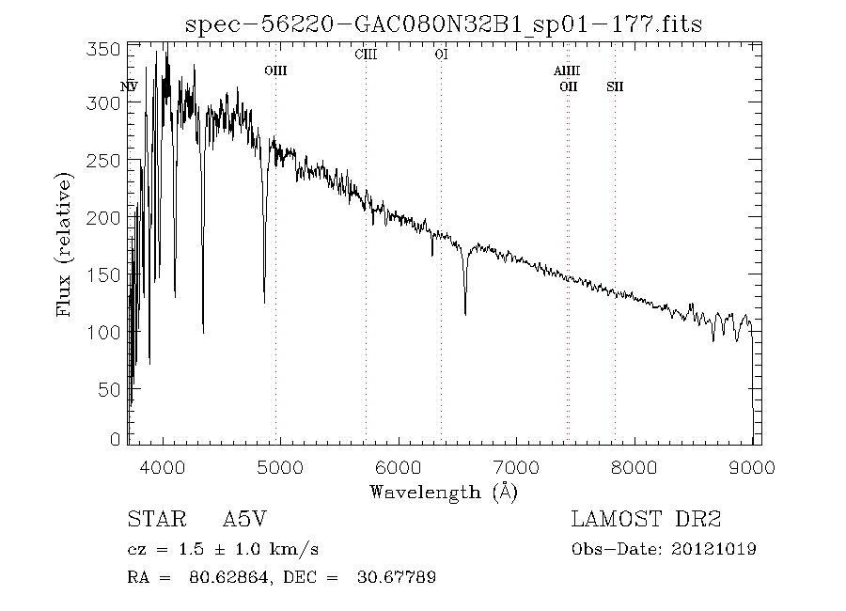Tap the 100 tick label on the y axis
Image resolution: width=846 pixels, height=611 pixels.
click(109, 332)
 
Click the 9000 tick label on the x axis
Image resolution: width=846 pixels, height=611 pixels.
click(752, 466)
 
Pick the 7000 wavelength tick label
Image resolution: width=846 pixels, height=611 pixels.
click(517, 466)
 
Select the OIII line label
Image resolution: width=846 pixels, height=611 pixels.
click(275, 71)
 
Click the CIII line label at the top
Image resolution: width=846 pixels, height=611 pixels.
click(366, 55)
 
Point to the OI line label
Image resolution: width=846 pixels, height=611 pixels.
click(441, 55)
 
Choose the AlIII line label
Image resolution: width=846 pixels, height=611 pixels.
click(566, 71)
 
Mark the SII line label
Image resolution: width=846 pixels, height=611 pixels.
click(615, 86)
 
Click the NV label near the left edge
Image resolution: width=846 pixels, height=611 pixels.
click(130, 86)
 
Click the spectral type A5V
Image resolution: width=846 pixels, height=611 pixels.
click(248, 519)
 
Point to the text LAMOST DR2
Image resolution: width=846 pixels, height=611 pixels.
click(646, 519)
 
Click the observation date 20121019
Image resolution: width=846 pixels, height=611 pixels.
click(714, 549)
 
